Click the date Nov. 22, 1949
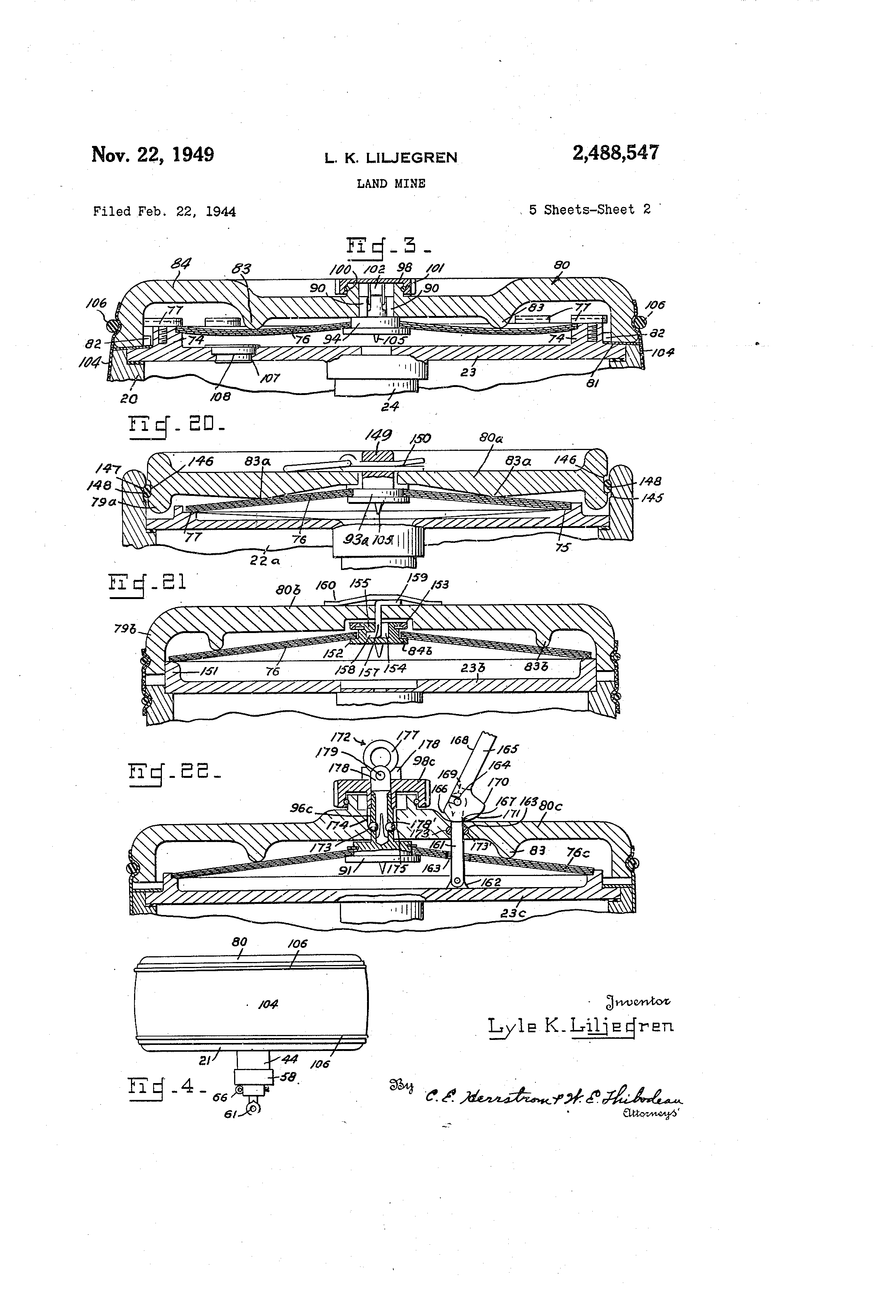[x=152, y=154]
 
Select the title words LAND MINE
[x=391, y=184]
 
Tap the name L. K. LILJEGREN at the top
[x=390, y=158]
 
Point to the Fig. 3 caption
[x=386, y=248]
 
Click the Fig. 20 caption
[x=177, y=425]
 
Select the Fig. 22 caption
[x=174, y=774]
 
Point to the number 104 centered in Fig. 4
[x=268, y=1004]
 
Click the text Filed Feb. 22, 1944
[x=164, y=212]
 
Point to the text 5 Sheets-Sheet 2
[x=589, y=209]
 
